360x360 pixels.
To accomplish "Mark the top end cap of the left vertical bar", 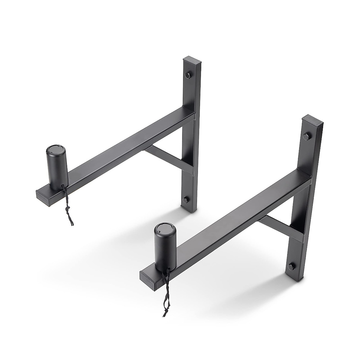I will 189,58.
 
